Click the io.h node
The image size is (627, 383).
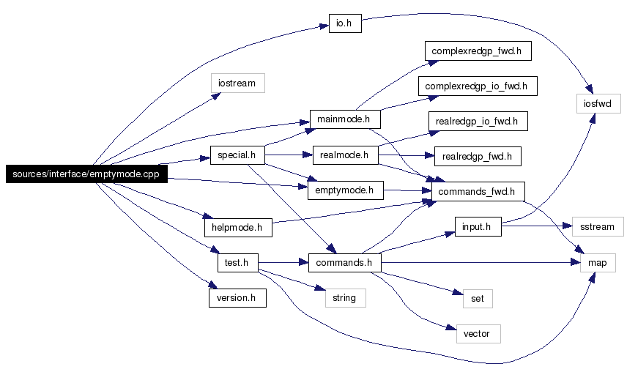click(x=345, y=23)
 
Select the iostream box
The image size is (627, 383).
click(x=238, y=83)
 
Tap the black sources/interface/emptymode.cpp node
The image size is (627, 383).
click(x=86, y=174)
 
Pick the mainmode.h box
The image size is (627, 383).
click(x=345, y=119)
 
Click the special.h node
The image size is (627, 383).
click(x=237, y=155)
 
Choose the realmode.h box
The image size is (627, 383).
click(x=346, y=155)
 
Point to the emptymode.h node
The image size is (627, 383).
click(x=346, y=190)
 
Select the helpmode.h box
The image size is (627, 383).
click(x=238, y=228)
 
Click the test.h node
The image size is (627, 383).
click(x=238, y=263)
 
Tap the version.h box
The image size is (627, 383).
click(x=237, y=298)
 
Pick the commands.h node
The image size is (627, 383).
click(x=345, y=263)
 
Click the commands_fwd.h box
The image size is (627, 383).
click(x=478, y=192)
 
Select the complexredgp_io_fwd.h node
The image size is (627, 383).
click(x=478, y=86)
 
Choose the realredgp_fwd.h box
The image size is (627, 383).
click(x=478, y=156)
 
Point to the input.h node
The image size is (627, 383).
click(x=478, y=227)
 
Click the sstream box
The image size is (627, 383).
click(x=598, y=227)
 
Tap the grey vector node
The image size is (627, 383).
click(x=478, y=334)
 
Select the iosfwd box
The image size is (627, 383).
click(x=598, y=103)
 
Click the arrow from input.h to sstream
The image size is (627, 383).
click(x=537, y=226)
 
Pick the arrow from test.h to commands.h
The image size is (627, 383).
click(x=283, y=263)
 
